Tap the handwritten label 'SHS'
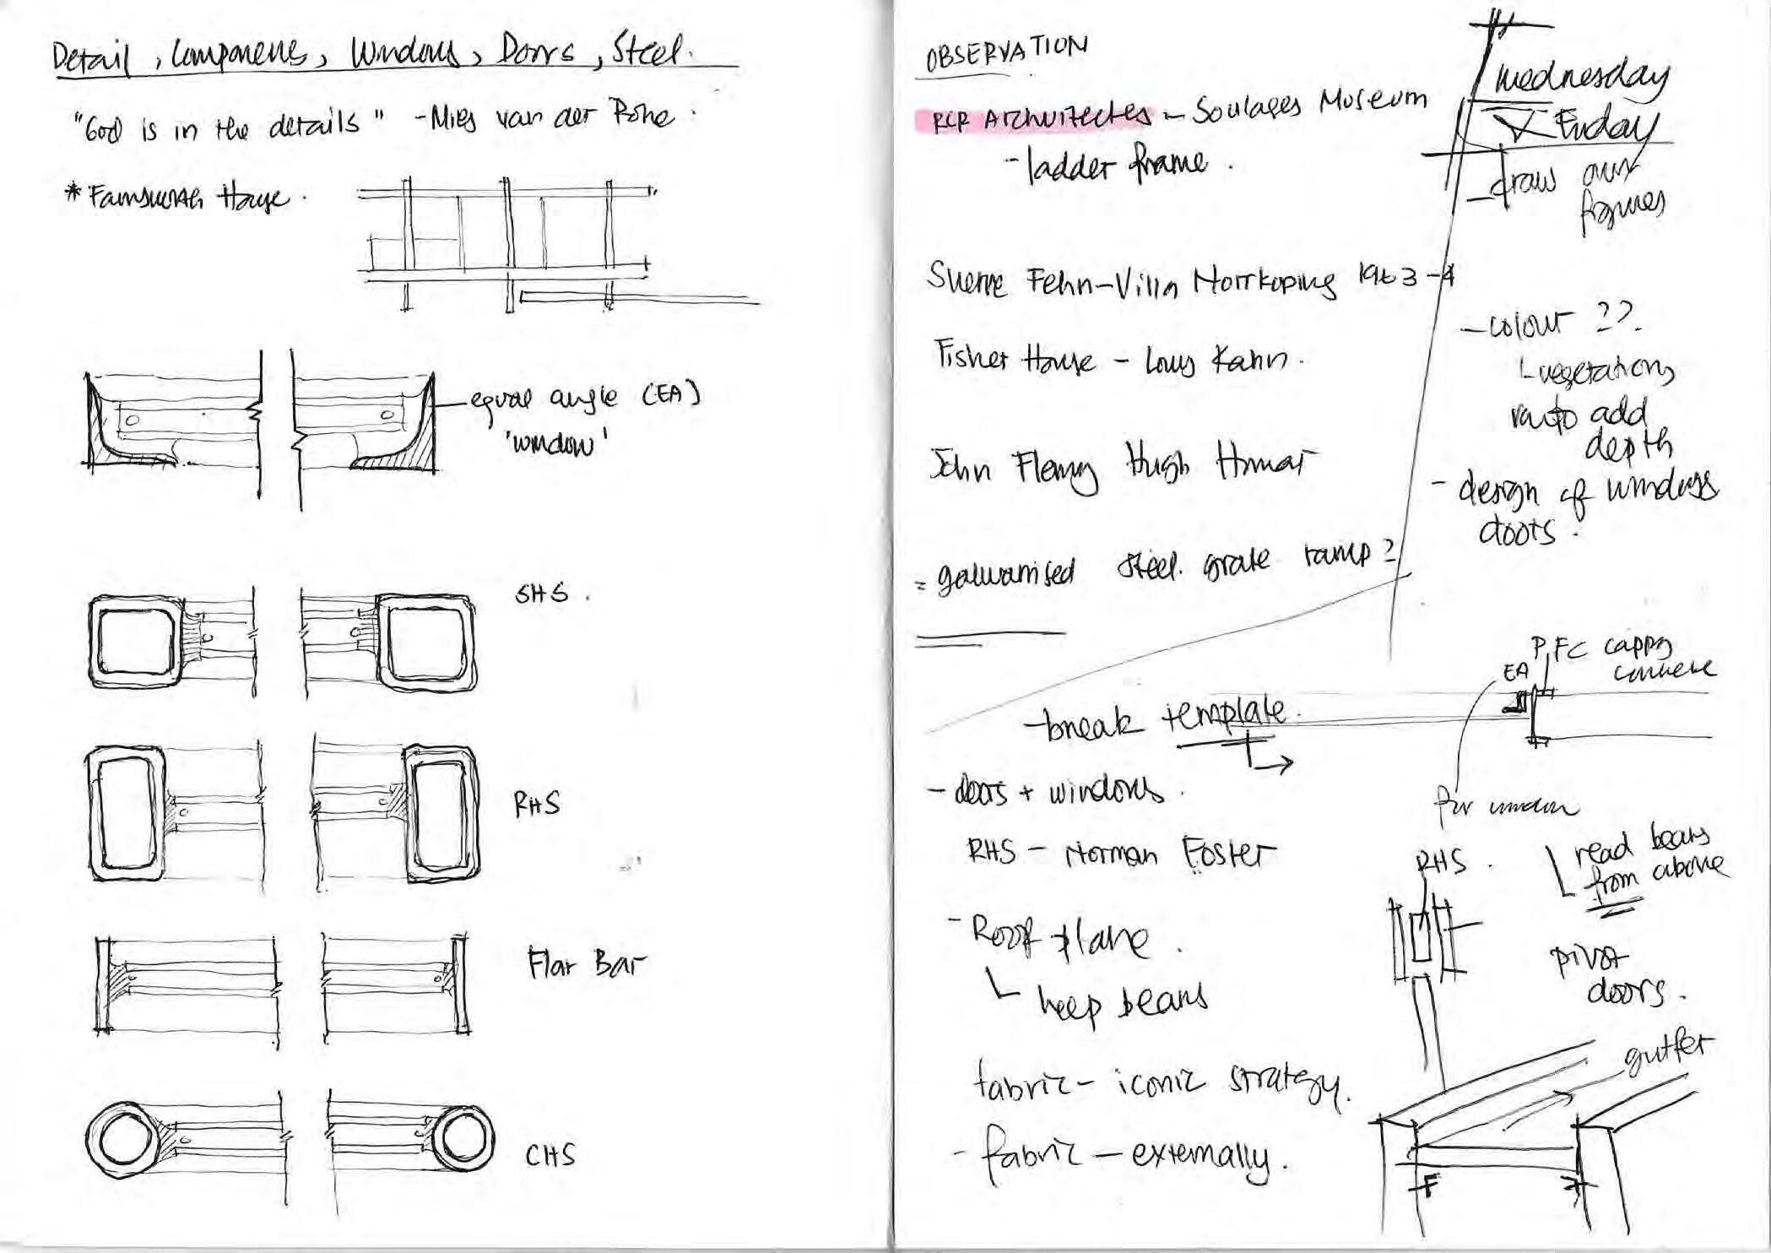542,594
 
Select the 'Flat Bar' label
585,963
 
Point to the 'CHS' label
550,1154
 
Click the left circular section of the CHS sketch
125,1141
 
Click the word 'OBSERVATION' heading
1005,54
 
